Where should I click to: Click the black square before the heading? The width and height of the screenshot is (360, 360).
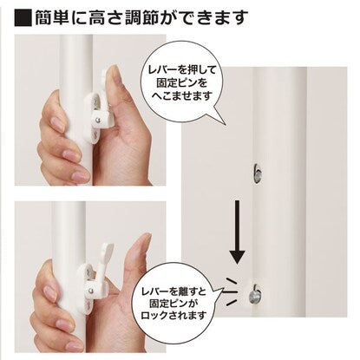(x=23, y=18)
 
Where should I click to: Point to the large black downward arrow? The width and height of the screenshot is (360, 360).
(x=237, y=232)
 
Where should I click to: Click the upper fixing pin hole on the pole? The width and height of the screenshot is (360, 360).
(x=257, y=173)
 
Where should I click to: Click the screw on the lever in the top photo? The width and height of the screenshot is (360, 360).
(x=98, y=119)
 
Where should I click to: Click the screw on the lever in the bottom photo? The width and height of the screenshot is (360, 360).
(x=91, y=290)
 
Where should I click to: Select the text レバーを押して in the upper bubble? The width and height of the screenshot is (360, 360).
(x=182, y=70)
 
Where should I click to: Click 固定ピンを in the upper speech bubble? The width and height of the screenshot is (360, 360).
(x=182, y=83)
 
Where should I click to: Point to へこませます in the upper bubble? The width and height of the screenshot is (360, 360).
(x=182, y=95)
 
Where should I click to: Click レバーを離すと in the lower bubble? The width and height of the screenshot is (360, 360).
(x=174, y=291)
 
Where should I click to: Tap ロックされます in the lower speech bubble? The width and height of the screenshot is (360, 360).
(x=174, y=315)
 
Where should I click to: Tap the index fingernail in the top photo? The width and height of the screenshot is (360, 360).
(x=56, y=124)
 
